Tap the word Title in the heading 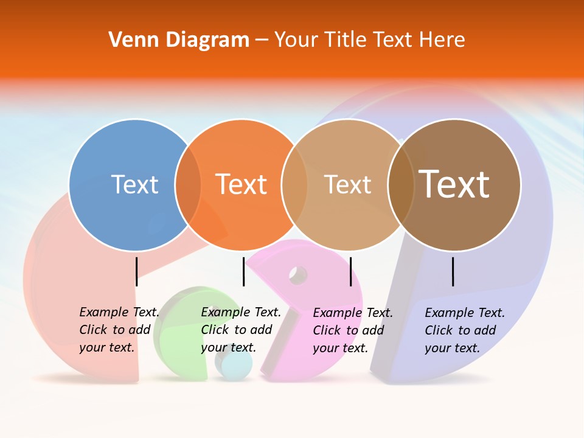point(344,40)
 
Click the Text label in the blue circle point(134,184)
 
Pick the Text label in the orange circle point(241,184)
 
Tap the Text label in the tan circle point(347,184)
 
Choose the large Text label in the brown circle point(454,184)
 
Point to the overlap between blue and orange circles point(188,185)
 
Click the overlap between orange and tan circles point(294,185)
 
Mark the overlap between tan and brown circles point(401,185)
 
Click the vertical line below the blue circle point(136,271)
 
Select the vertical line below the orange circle point(243,271)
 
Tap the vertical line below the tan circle point(350,271)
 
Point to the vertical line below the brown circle point(453,271)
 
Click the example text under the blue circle point(119,330)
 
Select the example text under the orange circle point(240,330)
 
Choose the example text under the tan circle point(352,330)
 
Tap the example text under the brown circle point(464,330)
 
